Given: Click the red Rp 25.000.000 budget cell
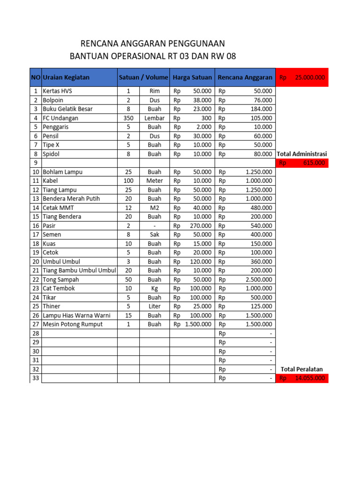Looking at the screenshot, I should (302, 77).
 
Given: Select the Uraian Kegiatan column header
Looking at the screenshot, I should (66, 77).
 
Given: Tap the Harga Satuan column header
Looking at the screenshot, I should (192, 77).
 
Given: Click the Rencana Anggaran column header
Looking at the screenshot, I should (245, 77).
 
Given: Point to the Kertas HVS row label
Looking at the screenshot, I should (54, 91).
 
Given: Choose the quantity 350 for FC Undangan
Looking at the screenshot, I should (128, 118).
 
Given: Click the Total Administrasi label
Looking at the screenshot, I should (302, 154).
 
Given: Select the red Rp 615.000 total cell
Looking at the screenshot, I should (302, 163).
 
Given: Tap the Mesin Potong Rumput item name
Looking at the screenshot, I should (73, 324).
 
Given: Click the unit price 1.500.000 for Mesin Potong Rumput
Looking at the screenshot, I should (198, 324).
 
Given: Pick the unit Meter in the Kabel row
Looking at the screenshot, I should (155, 181).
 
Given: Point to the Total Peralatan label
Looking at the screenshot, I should (302, 369).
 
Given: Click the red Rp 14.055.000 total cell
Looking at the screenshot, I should (302, 378).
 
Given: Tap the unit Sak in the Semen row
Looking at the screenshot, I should (155, 234).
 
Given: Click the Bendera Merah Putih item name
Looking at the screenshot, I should (71, 199).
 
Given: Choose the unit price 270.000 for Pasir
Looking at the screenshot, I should (200, 225).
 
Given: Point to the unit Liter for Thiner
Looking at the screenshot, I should (155, 307).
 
